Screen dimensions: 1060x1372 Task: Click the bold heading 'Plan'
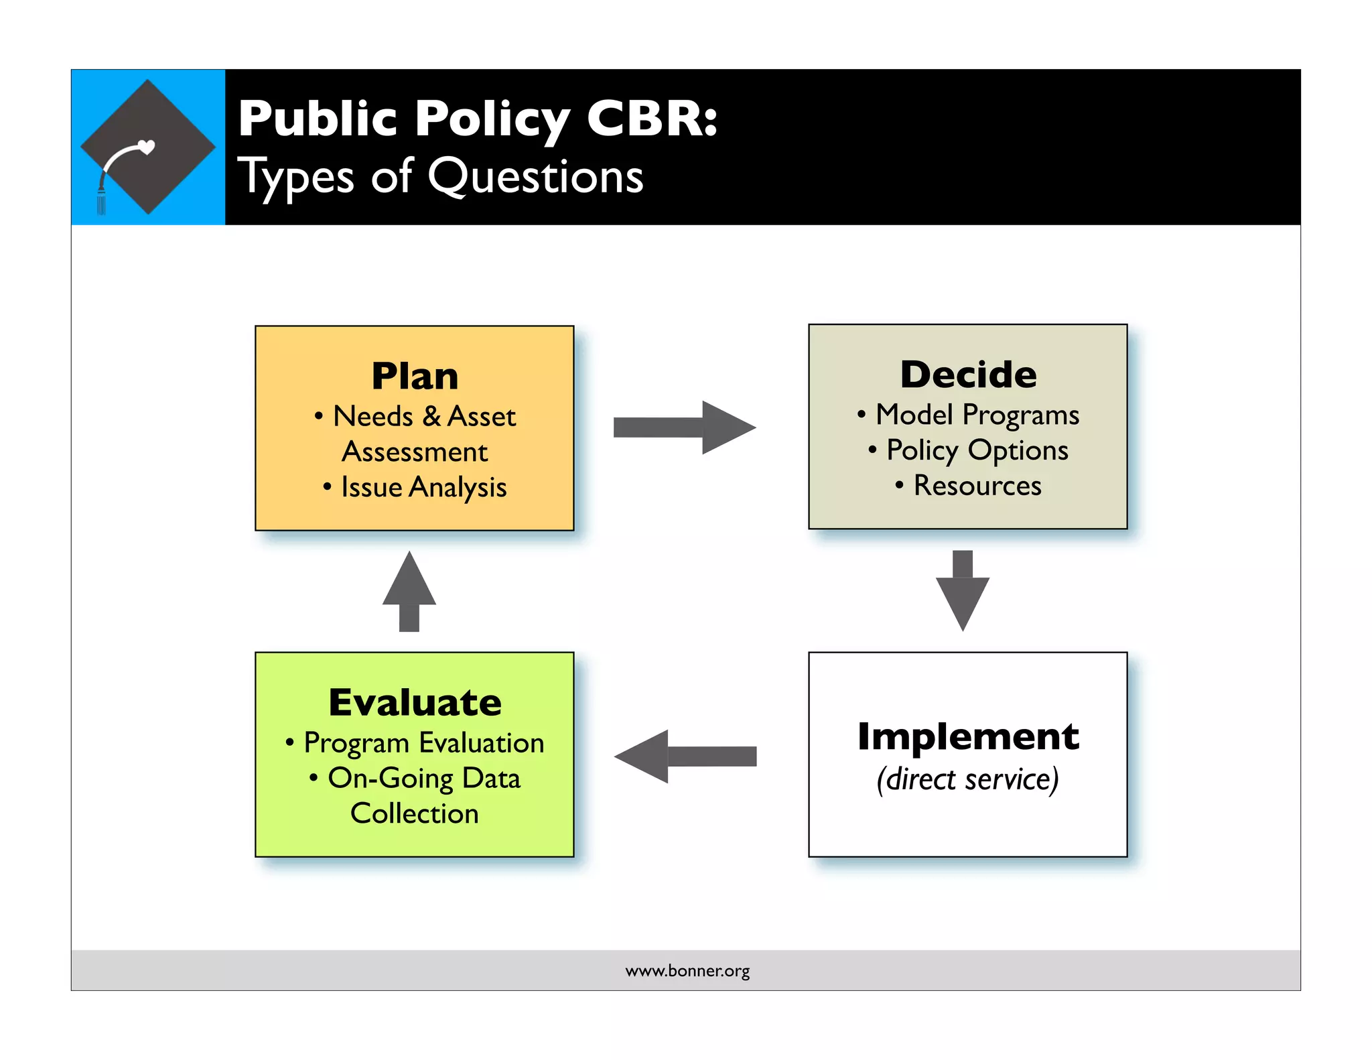pyautogui.click(x=415, y=376)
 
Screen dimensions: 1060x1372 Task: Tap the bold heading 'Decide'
pyautogui.click(x=968, y=374)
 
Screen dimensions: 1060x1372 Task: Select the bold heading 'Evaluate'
pyautogui.click(x=415, y=702)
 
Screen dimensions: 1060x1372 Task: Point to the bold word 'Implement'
pyautogui.click(x=968, y=736)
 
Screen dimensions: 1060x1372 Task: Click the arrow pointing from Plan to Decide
pyautogui.click(x=684, y=427)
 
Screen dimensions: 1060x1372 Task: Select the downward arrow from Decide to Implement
pyautogui.click(x=962, y=590)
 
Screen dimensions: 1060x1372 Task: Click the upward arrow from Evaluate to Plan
pyautogui.click(x=409, y=591)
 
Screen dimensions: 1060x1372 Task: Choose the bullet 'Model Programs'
pyautogui.click(x=977, y=415)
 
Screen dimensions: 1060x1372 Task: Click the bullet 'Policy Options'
pyautogui.click(x=977, y=450)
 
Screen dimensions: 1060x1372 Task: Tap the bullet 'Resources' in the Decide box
pyautogui.click(x=977, y=486)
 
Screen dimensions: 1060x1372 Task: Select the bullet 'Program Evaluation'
pyautogui.click(x=423, y=743)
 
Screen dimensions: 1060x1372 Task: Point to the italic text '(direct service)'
pyautogui.click(x=968, y=779)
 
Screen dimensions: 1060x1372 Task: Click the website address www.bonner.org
pyautogui.click(x=687, y=971)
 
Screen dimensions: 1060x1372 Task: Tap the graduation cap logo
pyautogui.click(x=148, y=147)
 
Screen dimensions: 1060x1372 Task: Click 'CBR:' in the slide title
pyautogui.click(x=651, y=119)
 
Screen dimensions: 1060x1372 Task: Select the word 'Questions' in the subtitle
pyautogui.click(x=535, y=177)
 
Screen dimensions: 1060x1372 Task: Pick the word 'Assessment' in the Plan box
pyautogui.click(x=415, y=452)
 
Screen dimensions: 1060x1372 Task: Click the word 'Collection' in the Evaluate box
pyautogui.click(x=415, y=813)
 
